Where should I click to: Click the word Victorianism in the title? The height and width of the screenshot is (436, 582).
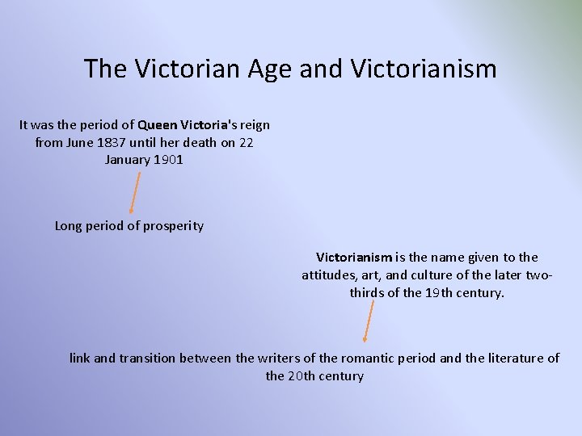[424, 69]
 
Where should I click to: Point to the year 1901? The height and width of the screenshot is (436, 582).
[168, 159]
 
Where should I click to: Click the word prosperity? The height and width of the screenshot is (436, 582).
[173, 226]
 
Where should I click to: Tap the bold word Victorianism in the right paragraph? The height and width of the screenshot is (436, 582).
[354, 258]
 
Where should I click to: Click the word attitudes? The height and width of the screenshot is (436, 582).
[328, 275]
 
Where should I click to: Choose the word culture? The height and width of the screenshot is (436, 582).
[440, 275]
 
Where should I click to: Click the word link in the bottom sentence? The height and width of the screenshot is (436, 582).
[79, 358]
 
